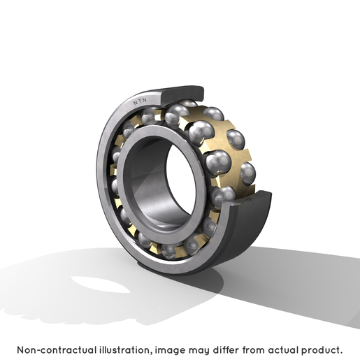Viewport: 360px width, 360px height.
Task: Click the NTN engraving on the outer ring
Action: (140, 101)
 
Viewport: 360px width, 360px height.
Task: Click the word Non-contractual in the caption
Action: (57, 350)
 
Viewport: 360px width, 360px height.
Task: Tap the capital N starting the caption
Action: (21, 350)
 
